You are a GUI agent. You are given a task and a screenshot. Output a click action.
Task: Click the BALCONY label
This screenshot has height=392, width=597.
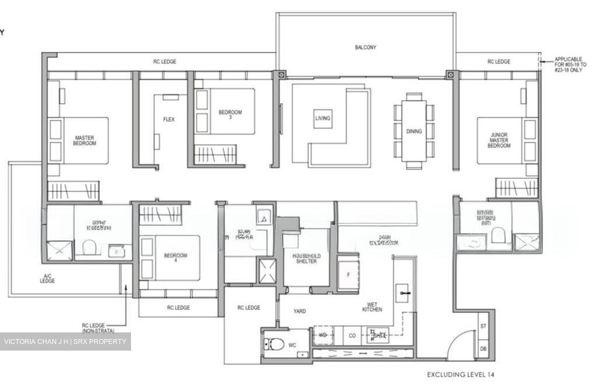click(x=365, y=48)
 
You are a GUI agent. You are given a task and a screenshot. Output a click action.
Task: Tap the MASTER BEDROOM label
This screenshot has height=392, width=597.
click(x=85, y=140)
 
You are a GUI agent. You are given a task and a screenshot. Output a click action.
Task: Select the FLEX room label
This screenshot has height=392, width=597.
click(x=169, y=119)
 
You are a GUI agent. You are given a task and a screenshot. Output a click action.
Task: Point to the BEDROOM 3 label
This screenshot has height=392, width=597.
click(x=230, y=114)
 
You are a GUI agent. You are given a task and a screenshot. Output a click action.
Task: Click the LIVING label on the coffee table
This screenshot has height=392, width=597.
click(x=323, y=118)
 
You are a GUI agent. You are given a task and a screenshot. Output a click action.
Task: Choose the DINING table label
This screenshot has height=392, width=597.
click(x=414, y=131)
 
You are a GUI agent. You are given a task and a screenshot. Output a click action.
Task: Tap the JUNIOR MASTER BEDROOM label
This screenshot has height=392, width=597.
click(x=499, y=140)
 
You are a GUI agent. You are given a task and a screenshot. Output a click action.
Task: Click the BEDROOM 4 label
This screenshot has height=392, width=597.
click(x=175, y=258)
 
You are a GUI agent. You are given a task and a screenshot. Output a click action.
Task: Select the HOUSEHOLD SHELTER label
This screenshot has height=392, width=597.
click(x=306, y=259)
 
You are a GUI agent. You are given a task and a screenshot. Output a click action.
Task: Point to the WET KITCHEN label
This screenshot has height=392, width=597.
click(x=372, y=307)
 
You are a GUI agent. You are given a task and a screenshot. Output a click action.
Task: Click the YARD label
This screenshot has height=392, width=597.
click(x=299, y=311)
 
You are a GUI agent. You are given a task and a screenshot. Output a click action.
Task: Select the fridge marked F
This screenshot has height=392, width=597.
click(x=348, y=274)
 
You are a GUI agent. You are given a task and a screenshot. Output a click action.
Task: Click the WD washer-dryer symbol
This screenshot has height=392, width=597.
click(x=323, y=335)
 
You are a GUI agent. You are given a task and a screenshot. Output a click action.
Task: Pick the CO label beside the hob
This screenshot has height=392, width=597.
click(x=352, y=336)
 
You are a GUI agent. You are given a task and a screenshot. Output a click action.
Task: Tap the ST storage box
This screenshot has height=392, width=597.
click(x=483, y=326)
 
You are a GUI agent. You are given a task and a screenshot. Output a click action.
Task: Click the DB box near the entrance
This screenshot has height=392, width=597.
click(x=483, y=349)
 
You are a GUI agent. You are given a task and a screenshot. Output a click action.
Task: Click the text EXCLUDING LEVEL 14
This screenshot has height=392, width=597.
click(x=461, y=375)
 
